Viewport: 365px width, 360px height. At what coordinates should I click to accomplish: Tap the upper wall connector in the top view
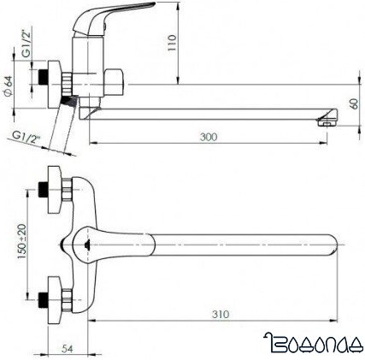(x=56, y=187)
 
